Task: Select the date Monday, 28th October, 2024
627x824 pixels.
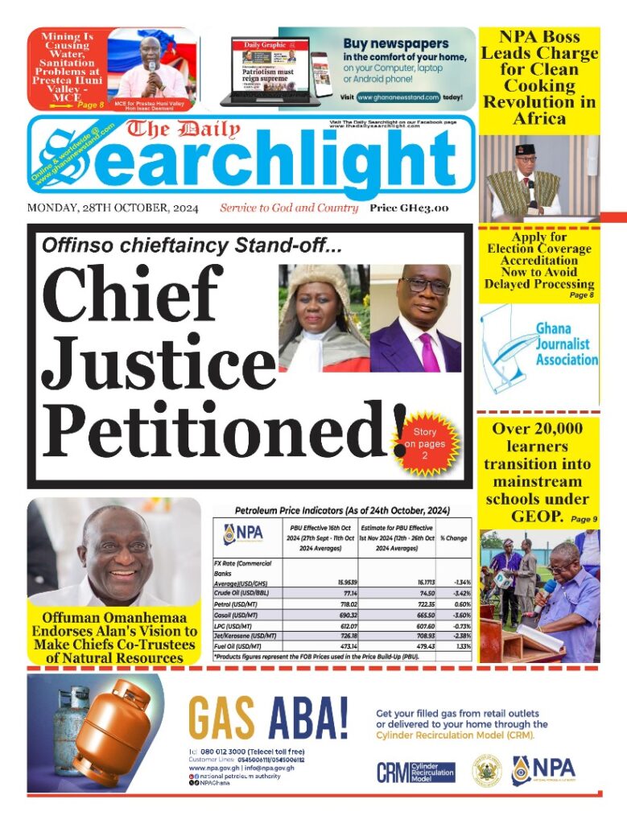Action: point(113,208)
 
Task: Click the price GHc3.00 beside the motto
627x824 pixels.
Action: point(409,208)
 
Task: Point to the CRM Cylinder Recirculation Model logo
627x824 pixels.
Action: point(415,772)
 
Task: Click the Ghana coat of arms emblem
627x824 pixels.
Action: point(487,771)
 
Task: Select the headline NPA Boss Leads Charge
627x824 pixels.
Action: point(539,77)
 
